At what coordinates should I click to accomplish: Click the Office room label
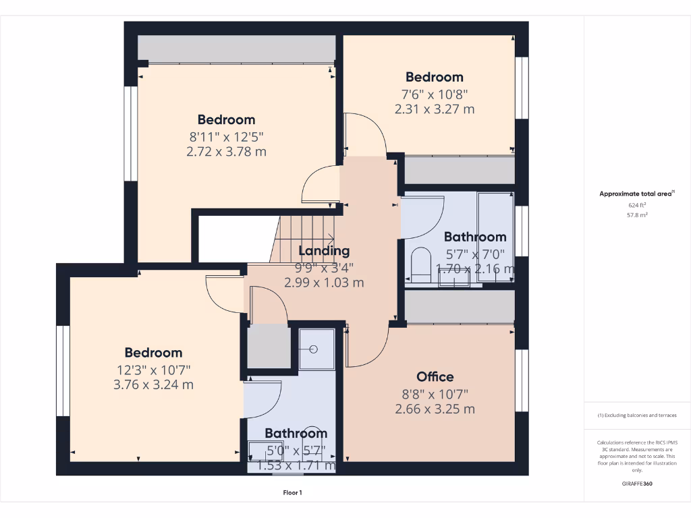[x=435, y=376]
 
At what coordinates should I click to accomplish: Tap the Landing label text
[x=324, y=251]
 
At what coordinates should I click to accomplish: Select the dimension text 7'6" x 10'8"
[x=435, y=94]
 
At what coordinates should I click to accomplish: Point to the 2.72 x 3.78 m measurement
[x=226, y=152]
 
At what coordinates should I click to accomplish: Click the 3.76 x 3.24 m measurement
[x=153, y=385]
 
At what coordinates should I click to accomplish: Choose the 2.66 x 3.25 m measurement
[x=435, y=409]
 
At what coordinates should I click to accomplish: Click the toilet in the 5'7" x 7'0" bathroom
[x=421, y=264]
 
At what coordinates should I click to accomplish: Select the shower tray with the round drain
[x=316, y=349]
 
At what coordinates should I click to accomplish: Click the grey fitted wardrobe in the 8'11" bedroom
[x=236, y=49]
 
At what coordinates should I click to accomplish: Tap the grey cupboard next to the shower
[x=268, y=346]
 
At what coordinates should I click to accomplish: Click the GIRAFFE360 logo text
[x=636, y=484]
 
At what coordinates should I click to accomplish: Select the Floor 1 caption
[x=292, y=493]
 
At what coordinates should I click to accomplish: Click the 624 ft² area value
[x=637, y=204]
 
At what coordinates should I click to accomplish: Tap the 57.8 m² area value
[x=637, y=214]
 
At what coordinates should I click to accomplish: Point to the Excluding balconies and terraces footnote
[x=637, y=415]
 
